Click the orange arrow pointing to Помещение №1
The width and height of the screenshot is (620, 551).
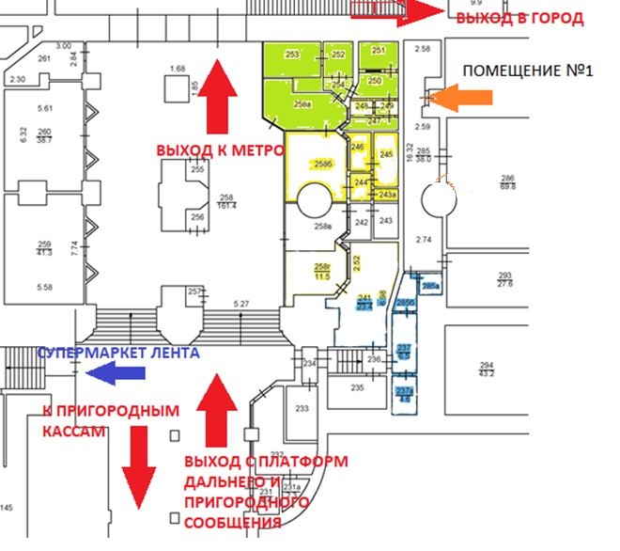(x=460, y=98)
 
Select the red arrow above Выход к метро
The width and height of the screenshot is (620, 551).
(x=217, y=95)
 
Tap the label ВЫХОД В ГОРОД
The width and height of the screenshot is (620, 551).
(x=519, y=18)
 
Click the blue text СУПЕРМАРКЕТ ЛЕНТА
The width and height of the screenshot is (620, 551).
(x=116, y=353)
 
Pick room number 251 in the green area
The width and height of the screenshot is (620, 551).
(x=378, y=51)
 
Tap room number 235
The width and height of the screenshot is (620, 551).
(x=357, y=387)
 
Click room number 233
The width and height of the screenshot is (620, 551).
(x=302, y=409)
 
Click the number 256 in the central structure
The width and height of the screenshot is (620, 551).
(x=198, y=216)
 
